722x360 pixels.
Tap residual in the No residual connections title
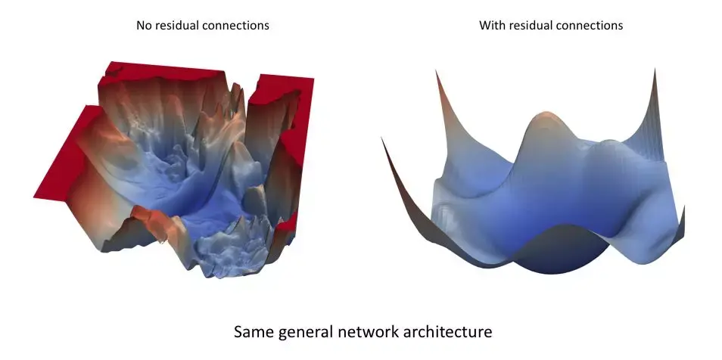click(x=177, y=26)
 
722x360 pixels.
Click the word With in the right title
click(x=491, y=26)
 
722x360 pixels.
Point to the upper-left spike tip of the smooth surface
click(x=436, y=70)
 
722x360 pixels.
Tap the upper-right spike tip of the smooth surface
click(x=653, y=69)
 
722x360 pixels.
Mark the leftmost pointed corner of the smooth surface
click(x=383, y=139)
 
